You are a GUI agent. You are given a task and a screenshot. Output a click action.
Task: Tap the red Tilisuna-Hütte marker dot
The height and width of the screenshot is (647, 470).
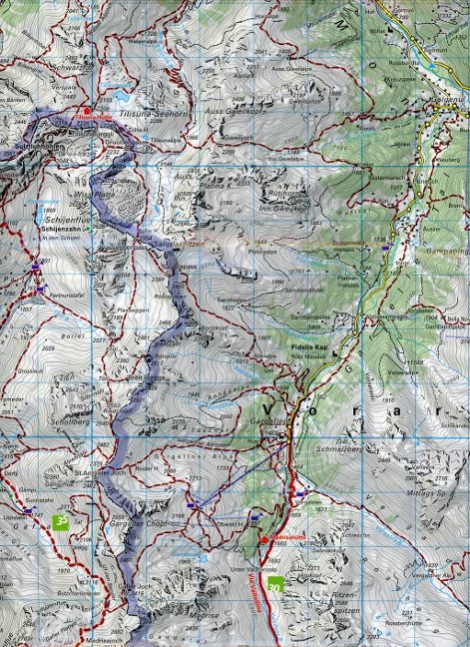[87, 110]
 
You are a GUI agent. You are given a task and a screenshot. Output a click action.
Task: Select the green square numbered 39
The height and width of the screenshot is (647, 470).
[62, 519]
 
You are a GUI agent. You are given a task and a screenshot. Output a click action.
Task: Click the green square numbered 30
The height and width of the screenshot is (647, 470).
[287, 587]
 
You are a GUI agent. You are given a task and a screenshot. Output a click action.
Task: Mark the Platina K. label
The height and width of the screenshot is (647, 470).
[215, 185]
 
